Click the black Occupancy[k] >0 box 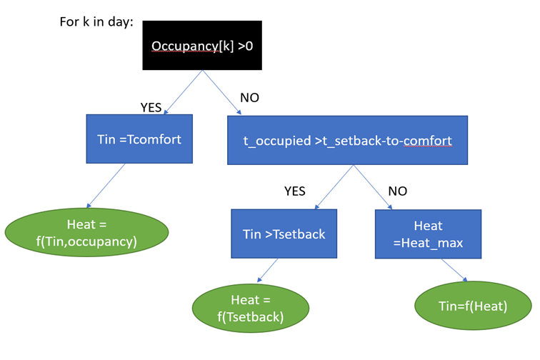(x=202, y=46)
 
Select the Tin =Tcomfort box (x=139, y=139)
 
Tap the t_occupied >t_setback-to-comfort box (x=347, y=140)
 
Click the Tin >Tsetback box (x=284, y=234)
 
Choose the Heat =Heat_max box (x=428, y=234)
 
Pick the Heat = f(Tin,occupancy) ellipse (x=87, y=233)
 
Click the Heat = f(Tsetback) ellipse (x=251, y=308)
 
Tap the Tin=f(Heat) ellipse (x=473, y=306)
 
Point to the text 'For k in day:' (x=96, y=21)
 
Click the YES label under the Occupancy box (x=151, y=107)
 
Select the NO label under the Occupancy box (x=250, y=98)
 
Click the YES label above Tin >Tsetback (x=295, y=191)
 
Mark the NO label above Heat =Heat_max (x=398, y=191)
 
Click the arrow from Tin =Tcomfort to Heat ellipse (x=106, y=186)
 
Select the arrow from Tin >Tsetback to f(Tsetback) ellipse (x=268, y=271)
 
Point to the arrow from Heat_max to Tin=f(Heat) (x=454, y=270)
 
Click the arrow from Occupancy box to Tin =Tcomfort (x=183, y=92)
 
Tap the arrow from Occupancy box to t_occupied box (x=221, y=92)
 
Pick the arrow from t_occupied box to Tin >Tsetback (x=334, y=187)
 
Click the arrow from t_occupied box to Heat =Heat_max (x=373, y=187)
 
